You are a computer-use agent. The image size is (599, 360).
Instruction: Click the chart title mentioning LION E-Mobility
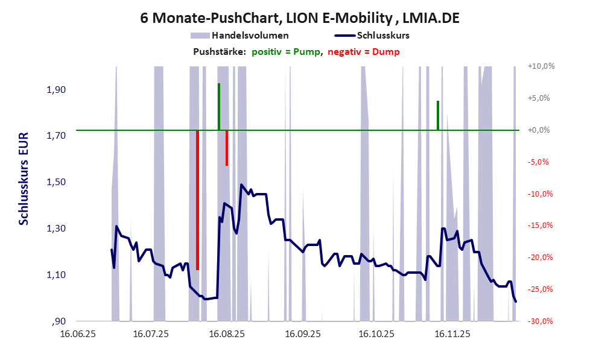point(299,18)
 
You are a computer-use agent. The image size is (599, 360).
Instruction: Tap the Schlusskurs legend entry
point(383,36)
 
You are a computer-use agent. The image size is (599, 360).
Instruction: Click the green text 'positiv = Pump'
point(286,52)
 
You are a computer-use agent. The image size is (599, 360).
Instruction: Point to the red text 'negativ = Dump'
point(364,52)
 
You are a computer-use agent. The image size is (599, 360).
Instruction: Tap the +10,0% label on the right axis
point(540,66)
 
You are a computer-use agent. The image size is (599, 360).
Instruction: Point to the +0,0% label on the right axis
point(540,130)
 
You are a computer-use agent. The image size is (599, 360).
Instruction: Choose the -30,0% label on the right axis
point(540,321)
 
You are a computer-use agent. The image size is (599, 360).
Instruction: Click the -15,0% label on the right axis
point(540,226)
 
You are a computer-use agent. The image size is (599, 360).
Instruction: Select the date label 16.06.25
point(76,333)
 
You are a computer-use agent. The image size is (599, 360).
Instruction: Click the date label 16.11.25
point(452,333)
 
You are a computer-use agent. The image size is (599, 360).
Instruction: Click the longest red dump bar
point(197,200)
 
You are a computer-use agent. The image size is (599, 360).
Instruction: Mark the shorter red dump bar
point(227,148)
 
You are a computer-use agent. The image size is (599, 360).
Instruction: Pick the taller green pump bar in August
point(219,107)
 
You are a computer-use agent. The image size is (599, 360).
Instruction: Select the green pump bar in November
point(438,115)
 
